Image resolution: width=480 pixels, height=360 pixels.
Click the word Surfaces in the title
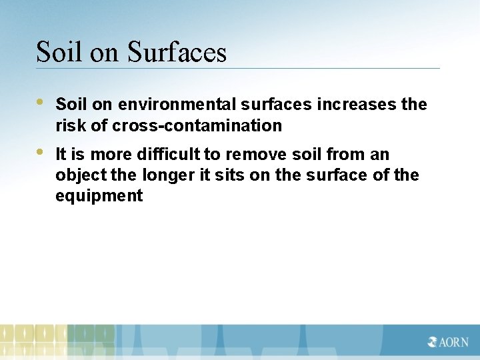pos(177,52)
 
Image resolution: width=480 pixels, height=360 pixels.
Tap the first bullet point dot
pos(40,103)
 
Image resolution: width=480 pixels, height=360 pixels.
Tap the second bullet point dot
pos(40,152)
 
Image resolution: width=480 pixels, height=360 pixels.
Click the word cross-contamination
pos(197,125)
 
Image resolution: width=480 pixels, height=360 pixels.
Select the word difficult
pos(168,155)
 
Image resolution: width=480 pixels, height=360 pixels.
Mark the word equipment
pos(99,196)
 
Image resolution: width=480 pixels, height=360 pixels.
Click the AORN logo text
pos(454,343)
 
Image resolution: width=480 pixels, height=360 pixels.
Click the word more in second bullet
pos(111,155)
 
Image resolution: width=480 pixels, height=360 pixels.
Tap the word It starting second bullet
pos(61,155)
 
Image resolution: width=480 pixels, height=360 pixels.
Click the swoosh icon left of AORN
pos(433,343)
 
